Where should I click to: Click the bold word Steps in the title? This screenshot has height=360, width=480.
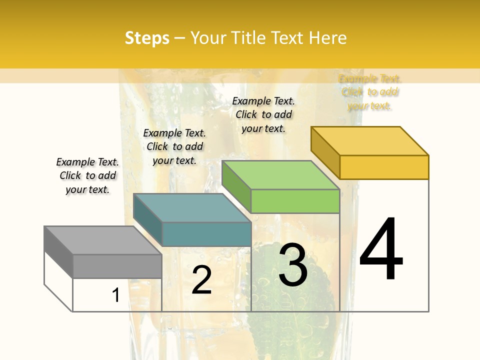point(147,38)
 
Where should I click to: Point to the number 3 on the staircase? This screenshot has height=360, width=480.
point(293,264)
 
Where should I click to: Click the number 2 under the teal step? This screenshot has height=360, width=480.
point(201,280)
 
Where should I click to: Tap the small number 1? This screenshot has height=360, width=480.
point(116,295)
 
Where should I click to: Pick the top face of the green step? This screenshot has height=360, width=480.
point(280,175)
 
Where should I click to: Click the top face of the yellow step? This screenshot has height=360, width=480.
point(369,140)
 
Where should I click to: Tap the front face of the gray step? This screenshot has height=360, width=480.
point(117,266)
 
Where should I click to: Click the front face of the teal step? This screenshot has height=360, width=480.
point(206,234)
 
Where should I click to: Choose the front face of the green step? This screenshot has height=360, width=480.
point(295,201)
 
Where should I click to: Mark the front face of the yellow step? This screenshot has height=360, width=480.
point(384,167)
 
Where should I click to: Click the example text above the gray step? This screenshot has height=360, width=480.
point(87,175)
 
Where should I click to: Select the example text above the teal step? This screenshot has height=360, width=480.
point(174,146)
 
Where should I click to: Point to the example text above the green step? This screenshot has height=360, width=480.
point(263,114)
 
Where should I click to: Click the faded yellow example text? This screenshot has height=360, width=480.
point(369,92)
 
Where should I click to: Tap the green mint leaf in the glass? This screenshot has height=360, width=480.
point(290,300)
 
